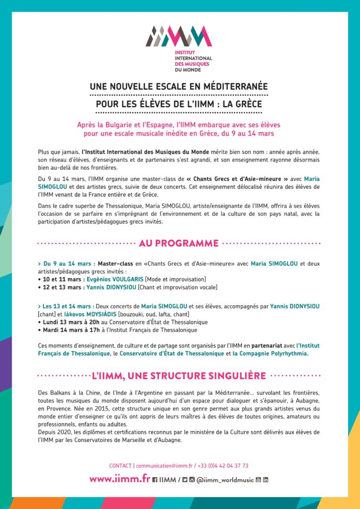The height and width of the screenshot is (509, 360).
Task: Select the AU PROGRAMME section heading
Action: pyautogui.click(x=179, y=243)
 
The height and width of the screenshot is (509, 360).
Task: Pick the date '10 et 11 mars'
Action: pyautogui.click(x=60, y=279)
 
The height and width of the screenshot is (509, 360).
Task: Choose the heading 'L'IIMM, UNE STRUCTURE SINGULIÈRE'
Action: pyautogui.click(x=179, y=375)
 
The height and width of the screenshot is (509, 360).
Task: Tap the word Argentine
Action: pyautogui.click(x=169, y=393)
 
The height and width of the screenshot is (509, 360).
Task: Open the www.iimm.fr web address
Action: pyautogui.click(x=119, y=479)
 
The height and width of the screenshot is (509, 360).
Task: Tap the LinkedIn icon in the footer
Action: pyautogui.click(x=266, y=480)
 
